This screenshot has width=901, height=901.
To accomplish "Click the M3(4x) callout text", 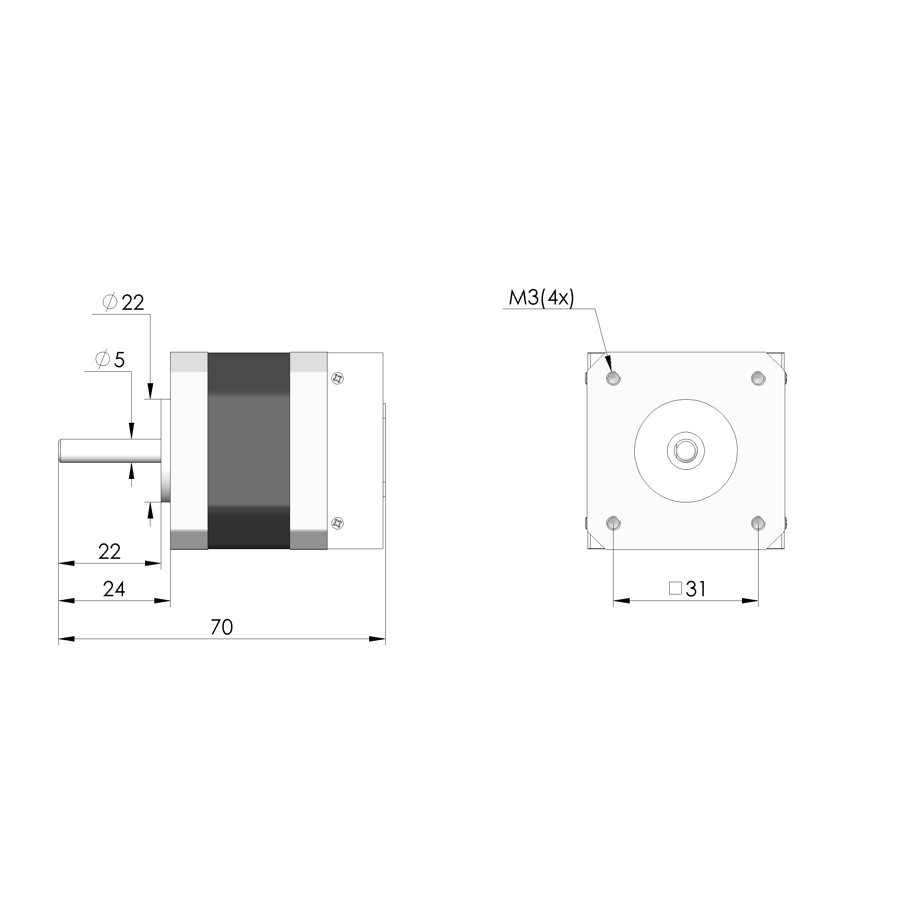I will (541, 298).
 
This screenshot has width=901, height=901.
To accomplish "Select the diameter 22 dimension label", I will (123, 303).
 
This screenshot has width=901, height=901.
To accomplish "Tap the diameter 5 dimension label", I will (110, 359).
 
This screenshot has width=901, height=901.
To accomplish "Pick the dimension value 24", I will (114, 589).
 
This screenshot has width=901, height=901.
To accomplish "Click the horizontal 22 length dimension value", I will (110, 552).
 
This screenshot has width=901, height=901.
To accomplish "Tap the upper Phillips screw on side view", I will (337, 378).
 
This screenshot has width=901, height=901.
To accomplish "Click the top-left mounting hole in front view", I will (614, 378).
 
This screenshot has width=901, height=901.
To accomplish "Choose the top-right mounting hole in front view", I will (758, 378).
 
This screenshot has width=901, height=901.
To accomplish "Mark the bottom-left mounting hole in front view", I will (614, 523).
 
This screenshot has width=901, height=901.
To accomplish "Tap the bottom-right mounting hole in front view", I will (758, 523).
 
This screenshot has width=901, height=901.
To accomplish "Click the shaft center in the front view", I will (685, 451).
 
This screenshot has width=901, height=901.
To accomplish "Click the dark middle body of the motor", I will (249, 450).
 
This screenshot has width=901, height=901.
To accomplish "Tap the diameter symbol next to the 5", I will (103, 359).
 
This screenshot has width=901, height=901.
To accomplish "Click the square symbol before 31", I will (675, 589).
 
